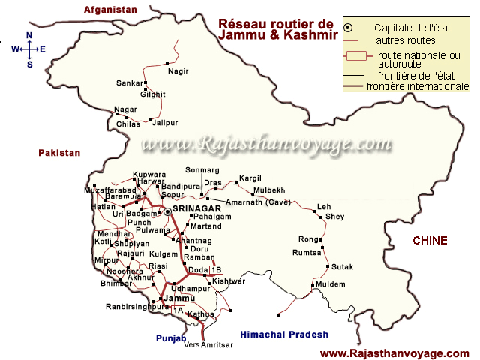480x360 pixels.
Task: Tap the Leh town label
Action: [324, 206]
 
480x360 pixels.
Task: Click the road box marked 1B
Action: [217, 270]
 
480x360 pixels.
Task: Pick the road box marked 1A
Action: [178, 309]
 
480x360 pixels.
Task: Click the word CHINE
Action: [430, 241]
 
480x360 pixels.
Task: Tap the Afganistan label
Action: [112, 10]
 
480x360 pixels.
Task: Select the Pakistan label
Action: [59, 152]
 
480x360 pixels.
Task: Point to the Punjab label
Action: [170, 339]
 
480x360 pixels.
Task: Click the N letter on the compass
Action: [29, 35]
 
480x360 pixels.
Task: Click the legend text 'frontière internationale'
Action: [417, 86]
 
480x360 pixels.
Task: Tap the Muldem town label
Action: [331, 284]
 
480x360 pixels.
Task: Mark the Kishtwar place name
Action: [229, 281]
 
